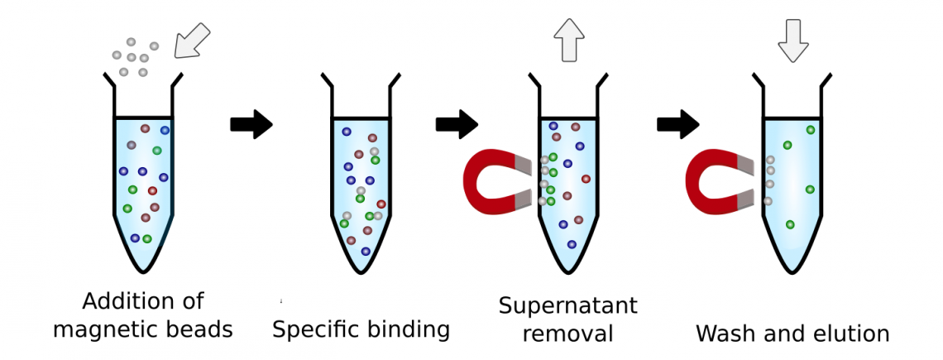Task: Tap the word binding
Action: [413, 329]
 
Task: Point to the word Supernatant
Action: [567, 305]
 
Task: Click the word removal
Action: [567, 334]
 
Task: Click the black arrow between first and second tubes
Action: [251, 124]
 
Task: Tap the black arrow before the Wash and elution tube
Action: [677, 124]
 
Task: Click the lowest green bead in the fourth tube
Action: [790, 224]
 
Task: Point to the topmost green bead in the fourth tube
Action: [811, 130]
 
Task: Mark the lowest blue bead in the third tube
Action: [572, 244]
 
